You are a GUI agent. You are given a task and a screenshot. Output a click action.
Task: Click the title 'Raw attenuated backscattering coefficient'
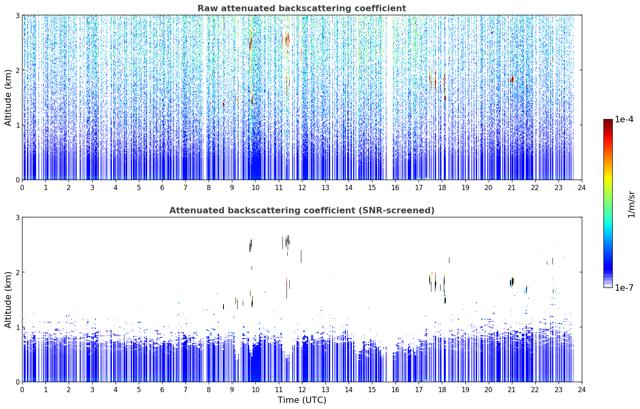click(x=302, y=8)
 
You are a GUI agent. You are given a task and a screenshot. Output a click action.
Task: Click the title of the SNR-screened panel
click(x=302, y=210)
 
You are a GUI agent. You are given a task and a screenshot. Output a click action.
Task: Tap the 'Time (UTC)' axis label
click(x=302, y=400)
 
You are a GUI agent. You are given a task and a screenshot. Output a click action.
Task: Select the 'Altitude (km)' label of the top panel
click(x=8, y=97)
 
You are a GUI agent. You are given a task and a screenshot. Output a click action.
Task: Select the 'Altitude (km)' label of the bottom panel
click(x=8, y=300)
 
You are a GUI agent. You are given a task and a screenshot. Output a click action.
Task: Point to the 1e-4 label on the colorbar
click(x=624, y=119)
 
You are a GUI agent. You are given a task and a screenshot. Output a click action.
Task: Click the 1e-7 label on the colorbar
click(x=624, y=288)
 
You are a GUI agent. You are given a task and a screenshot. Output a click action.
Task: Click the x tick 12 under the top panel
click(x=302, y=188)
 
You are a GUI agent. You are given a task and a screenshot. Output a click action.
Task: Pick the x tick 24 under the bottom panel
click(x=582, y=390)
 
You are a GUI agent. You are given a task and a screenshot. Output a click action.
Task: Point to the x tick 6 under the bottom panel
click(x=162, y=390)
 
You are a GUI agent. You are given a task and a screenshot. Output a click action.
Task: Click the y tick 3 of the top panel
click(x=17, y=15)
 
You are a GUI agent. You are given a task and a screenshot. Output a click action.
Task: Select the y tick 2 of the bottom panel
click(x=17, y=272)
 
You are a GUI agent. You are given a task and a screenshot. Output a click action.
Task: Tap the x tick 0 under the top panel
click(x=22, y=188)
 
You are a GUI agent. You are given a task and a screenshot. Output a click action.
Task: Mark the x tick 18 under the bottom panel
click(x=442, y=390)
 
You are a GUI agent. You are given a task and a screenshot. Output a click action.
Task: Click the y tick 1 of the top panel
click(x=17, y=125)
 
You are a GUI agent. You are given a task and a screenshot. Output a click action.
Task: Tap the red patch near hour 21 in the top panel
click(x=512, y=79)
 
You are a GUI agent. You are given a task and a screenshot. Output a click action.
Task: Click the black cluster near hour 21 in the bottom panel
click(x=512, y=282)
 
